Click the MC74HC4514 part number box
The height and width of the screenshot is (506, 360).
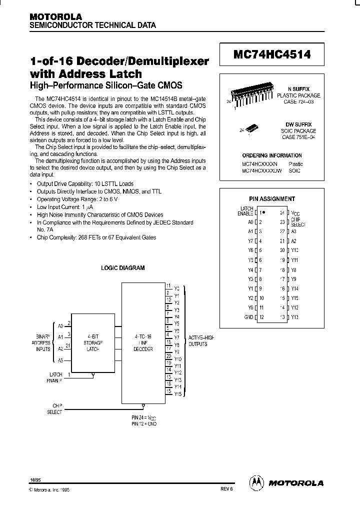click(272, 55)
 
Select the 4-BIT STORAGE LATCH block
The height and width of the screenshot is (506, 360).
click(92, 344)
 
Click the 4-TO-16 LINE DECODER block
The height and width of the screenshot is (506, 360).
click(143, 344)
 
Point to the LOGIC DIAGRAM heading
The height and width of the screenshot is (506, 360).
click(123, 268)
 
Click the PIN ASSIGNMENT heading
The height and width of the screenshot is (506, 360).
click(272, 198)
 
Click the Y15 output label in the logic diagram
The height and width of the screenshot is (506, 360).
click(177, 394)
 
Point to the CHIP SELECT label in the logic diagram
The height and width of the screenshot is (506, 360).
click(54, 409)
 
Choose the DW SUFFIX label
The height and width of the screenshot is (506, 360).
click(299, 124)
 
